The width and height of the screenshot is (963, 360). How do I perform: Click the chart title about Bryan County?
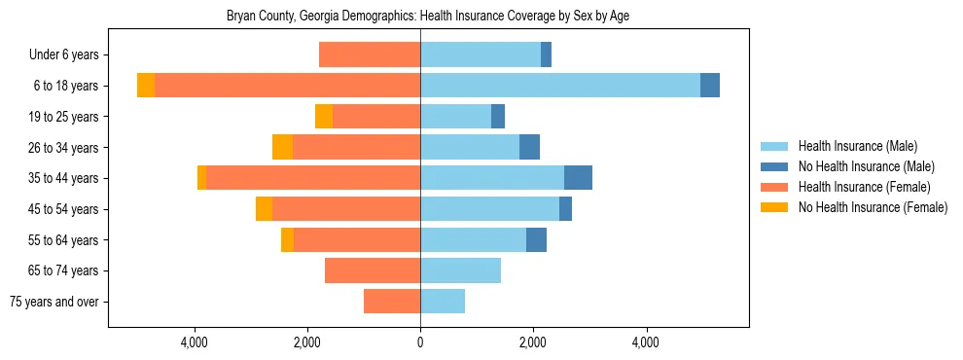[428, 17]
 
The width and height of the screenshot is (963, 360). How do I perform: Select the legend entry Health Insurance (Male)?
[857, 146]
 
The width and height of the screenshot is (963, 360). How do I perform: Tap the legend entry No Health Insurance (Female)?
[873, 207]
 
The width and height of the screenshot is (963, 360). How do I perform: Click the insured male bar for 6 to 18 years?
[560, 86]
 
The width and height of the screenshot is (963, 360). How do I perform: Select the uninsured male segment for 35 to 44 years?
[578, 178]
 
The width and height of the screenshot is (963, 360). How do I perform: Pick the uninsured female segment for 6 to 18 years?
[146, 86]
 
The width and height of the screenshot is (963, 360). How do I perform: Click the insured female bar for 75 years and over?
[392, 302]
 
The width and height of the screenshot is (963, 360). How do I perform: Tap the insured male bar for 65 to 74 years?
[460, 270]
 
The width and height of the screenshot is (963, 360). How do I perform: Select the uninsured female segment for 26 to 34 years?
[282, 147]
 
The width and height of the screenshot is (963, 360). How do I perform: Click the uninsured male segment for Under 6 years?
[546, 55]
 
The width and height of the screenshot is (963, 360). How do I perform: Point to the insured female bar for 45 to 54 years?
[346, 209]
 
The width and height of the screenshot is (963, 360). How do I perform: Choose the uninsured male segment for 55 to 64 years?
[536, 239]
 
